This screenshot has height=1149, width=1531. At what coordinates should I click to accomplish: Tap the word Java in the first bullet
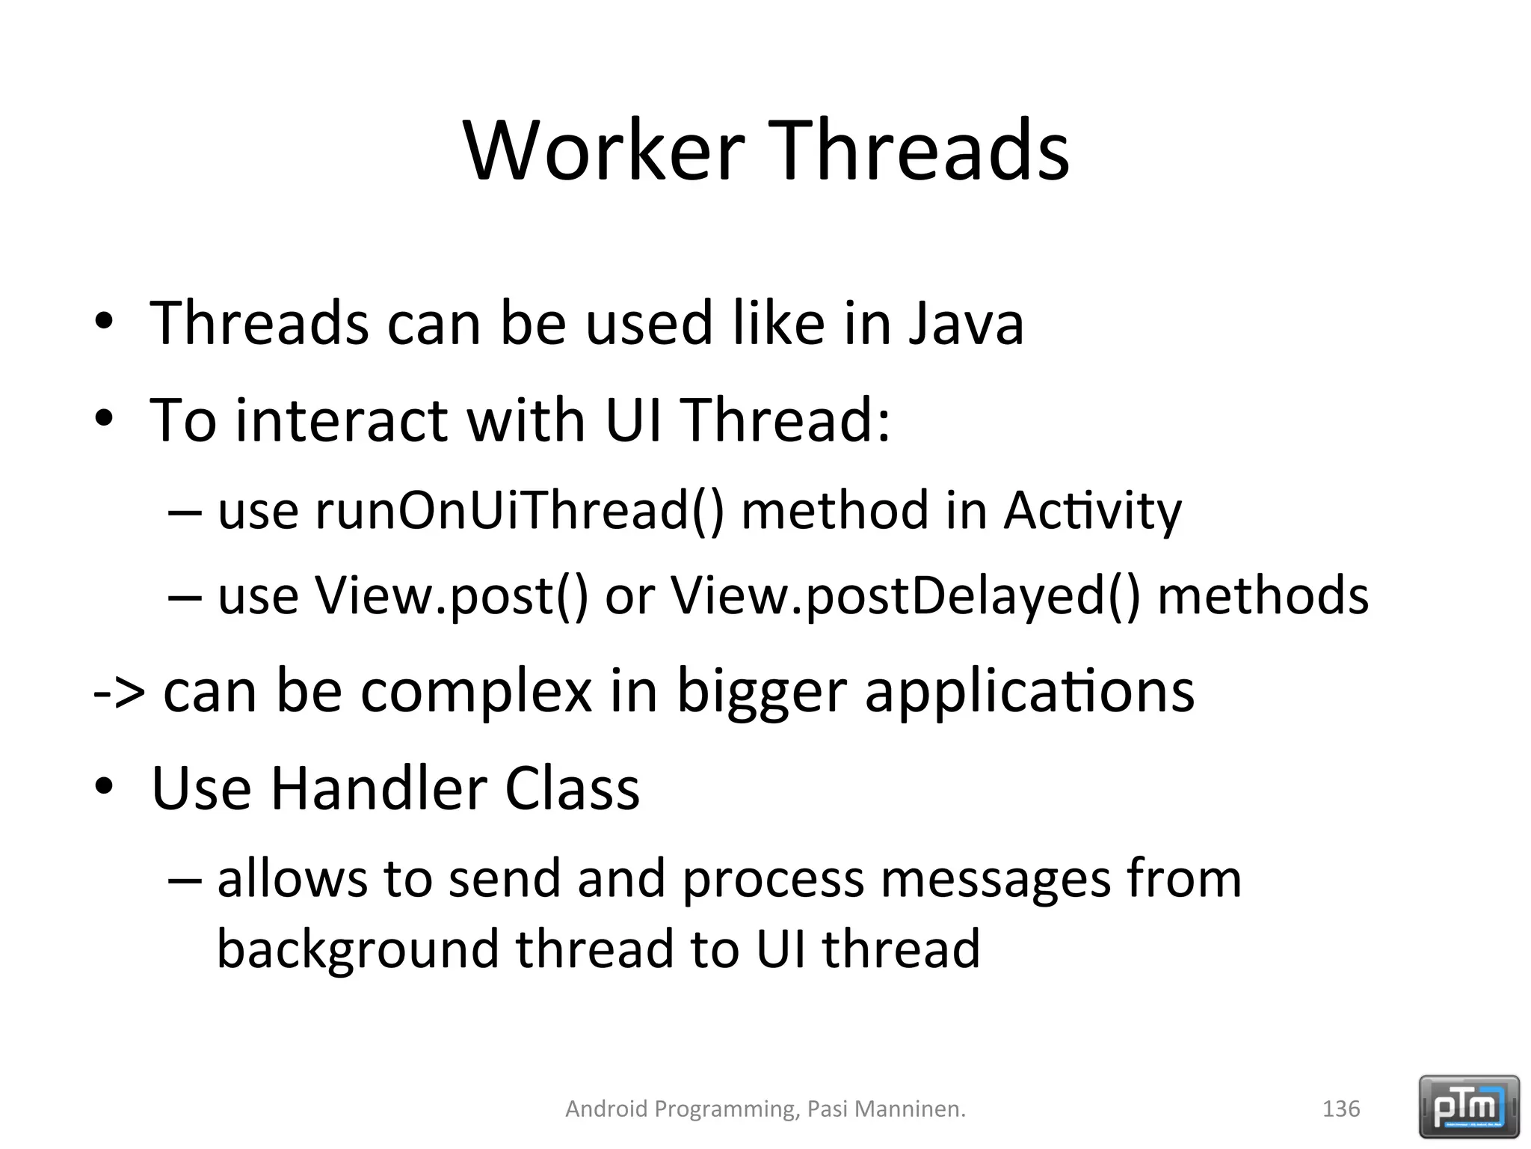(966, 323)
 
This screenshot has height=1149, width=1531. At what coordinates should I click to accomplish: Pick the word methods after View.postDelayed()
(1263, 596)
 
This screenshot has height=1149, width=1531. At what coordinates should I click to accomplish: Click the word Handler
(378, 788)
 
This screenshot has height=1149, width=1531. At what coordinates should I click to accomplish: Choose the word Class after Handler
(573, 788)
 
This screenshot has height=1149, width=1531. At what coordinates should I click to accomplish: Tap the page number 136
(1341, 1109)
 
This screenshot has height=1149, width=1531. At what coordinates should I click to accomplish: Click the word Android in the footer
(606, 1109)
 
